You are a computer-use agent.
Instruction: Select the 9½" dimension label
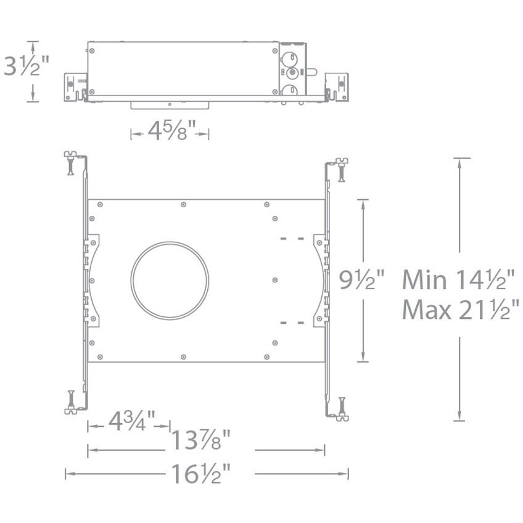click(362, 280)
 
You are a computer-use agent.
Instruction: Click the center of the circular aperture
click(170, 281)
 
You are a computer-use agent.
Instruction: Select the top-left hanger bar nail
click(70, 164)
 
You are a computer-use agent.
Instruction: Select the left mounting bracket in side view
click(75, 87)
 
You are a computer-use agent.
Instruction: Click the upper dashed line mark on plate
click(292, 238)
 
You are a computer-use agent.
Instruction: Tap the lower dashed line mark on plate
click(292, 322)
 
